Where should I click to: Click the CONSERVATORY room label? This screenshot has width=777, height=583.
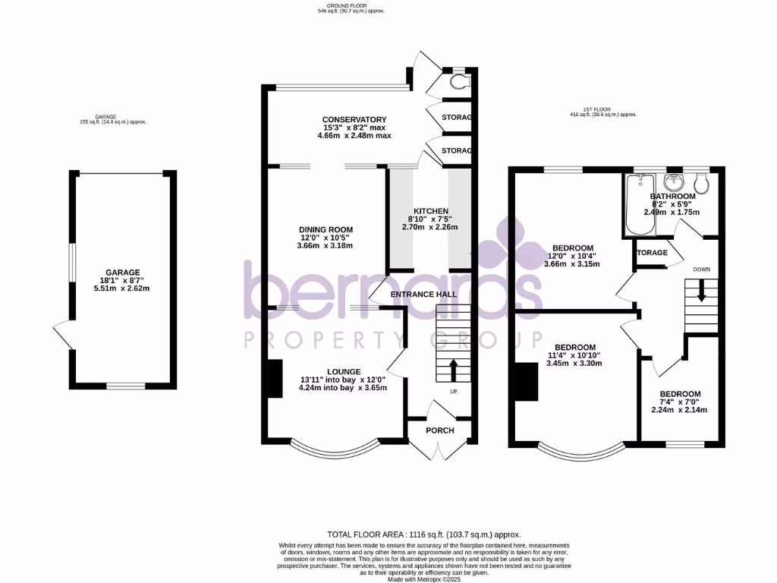tap(354, 120)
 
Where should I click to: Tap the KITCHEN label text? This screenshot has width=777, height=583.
tap(431, 211)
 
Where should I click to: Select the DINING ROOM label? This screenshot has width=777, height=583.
tap(326, 230)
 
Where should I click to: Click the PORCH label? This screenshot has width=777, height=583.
tap(440, 430)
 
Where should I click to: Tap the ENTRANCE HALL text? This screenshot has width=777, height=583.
tap(424, 295)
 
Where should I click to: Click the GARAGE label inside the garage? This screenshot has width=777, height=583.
tap(123, 273)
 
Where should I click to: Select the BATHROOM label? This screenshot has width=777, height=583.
tap(673, 197)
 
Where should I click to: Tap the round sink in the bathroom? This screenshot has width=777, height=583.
tap(672, 181)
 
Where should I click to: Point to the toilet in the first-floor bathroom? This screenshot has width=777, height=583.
tap(701, 182)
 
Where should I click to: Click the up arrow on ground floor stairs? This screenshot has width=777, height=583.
tap(454, 370)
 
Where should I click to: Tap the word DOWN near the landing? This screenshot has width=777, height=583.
tap(701, 269)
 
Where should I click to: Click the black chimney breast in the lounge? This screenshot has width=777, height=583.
tap(274, 377)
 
